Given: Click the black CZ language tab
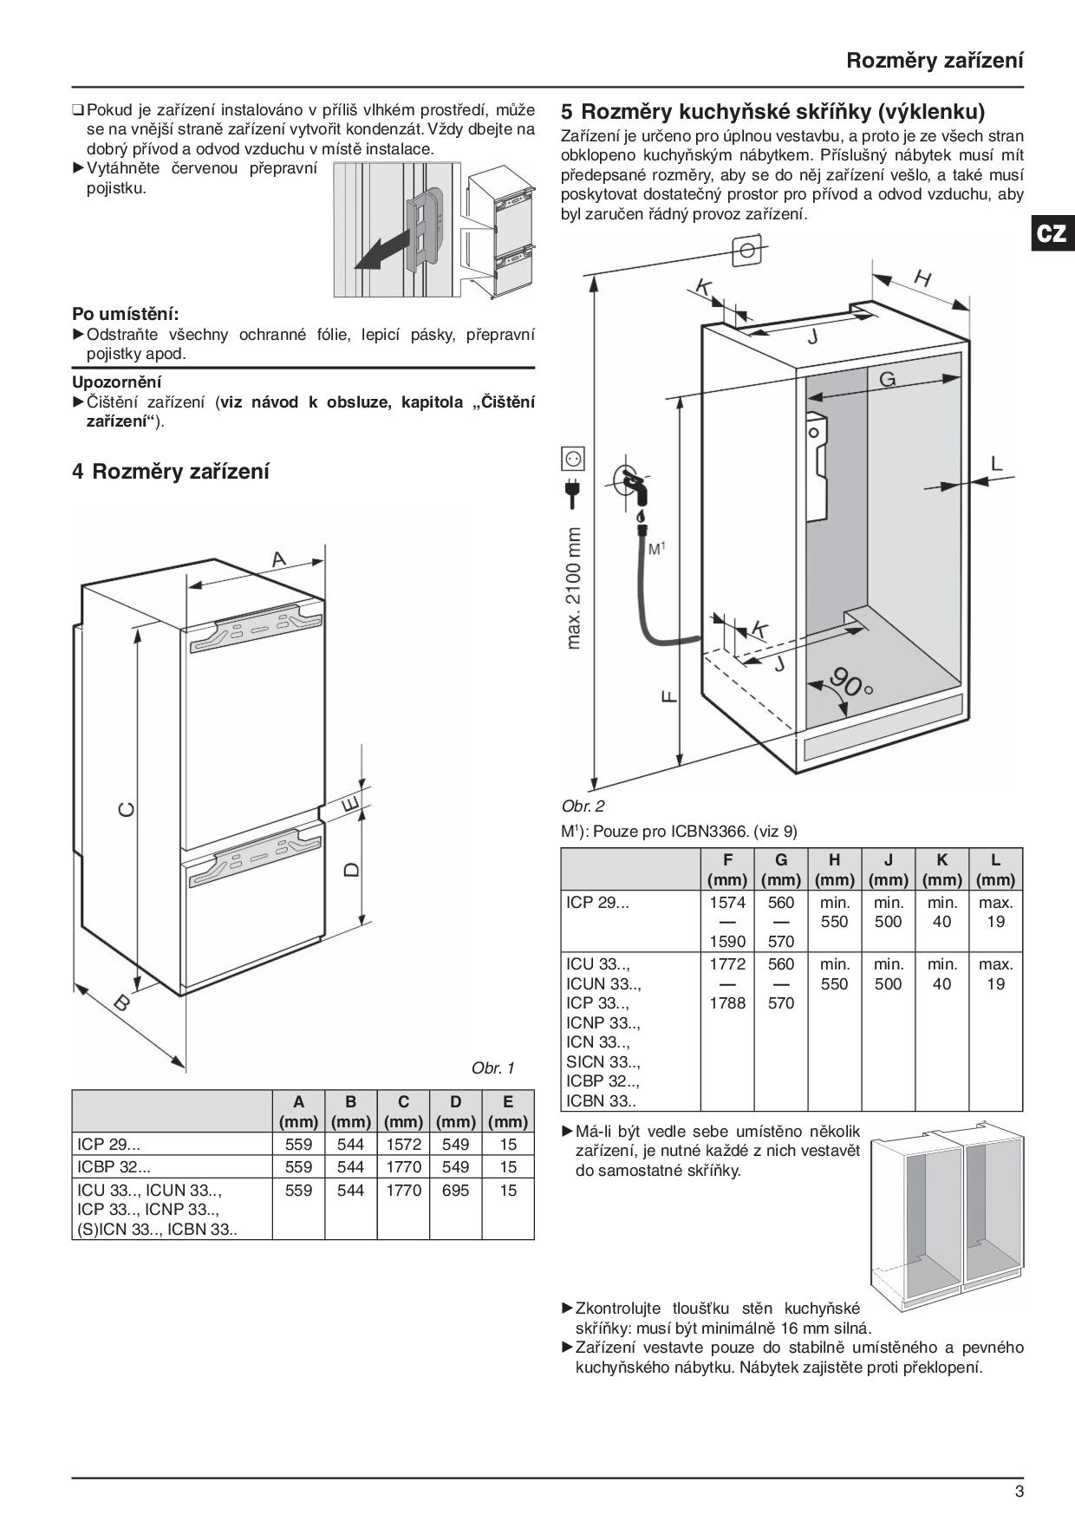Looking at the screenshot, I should click(x=1052, y=234).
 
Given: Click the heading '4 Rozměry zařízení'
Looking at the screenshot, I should click(x=171, y=472).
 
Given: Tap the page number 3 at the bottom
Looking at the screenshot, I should click(x=1019, y=1492).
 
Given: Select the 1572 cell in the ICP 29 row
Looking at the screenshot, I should click(x=403, y=1144).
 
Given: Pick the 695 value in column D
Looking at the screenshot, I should click(x=455, y=1191).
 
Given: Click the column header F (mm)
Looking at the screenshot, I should click(x=727, y=870).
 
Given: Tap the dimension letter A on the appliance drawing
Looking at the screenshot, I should click(x=279, y=559).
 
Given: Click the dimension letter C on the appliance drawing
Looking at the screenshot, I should click(x=127, y=809).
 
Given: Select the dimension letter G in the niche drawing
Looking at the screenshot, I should click(x=887, y=379).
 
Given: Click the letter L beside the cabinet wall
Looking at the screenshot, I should click(x=996, y=464).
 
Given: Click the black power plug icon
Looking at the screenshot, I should click(x=573, y=493).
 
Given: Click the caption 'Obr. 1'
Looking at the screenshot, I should click(x=492, y=1067).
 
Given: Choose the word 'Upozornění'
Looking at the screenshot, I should click(x=117, y=382).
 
